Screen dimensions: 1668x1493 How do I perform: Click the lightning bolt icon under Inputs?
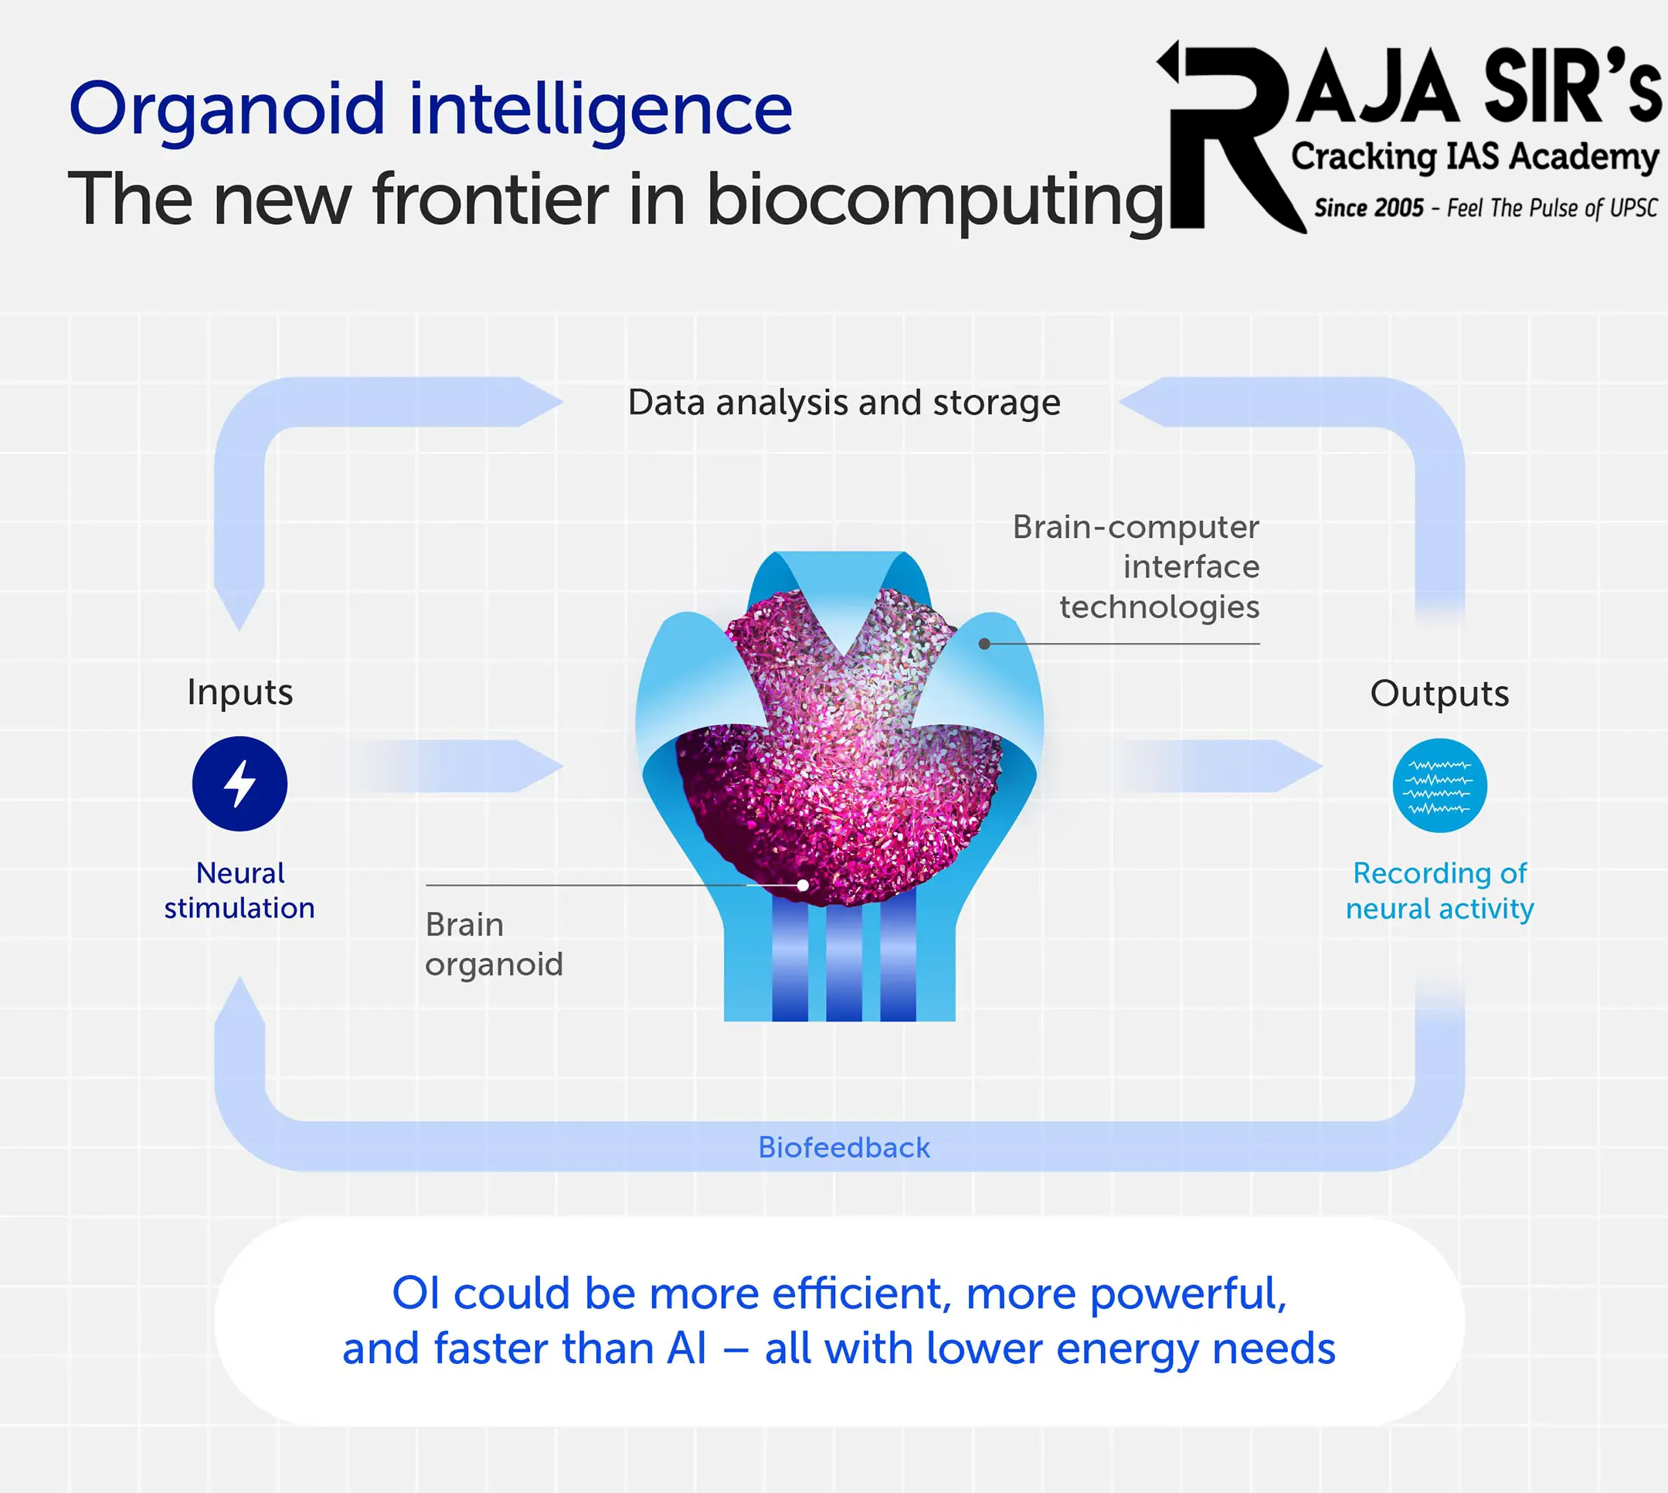click(239, 784)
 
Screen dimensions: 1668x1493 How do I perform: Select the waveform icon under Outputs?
click(1439, 786)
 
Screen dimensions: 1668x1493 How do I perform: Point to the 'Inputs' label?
click(239, 692)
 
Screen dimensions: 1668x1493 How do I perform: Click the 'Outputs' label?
click(1439, 693)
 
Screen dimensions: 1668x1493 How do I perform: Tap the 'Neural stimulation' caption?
click(239, 890)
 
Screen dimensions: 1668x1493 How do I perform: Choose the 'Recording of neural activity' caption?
click(1439, 891)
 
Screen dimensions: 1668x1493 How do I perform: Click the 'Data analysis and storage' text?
click(844, 403)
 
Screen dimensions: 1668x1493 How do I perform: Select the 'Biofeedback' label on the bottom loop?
click(844, 1147)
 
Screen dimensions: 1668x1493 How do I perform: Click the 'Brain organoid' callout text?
click(494, 945)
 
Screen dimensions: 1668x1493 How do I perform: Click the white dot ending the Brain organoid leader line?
click(803, 885)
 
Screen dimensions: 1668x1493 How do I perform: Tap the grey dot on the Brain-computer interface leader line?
click(984, 644)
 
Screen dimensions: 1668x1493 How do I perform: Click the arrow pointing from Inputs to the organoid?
click(459, 766)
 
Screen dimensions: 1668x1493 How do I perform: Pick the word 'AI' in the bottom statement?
click(686, 1348)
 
